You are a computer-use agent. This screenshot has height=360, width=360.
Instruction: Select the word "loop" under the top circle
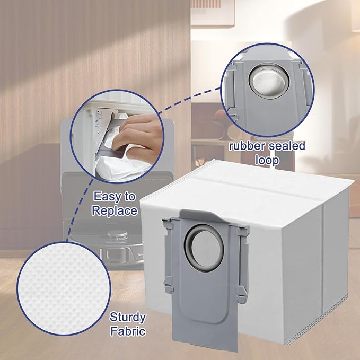click(x=267, y=161)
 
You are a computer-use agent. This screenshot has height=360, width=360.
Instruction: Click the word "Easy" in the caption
click(x=104, y=197)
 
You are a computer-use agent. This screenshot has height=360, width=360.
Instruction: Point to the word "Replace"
click(x=115, y=210)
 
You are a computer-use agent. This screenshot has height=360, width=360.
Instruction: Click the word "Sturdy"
click(x=128, y=318)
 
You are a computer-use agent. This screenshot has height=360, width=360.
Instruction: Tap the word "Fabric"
click(x=128, y=331)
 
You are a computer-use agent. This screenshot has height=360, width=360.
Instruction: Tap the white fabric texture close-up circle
click(x=64, y=288)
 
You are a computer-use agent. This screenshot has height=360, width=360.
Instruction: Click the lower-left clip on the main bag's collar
click(x=168, y=284)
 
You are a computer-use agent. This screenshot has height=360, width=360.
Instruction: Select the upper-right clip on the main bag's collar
click(x=243, y=231)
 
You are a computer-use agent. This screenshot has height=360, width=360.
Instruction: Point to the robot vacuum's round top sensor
click(x=117, y=234)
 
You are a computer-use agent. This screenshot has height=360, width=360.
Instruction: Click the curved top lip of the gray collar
click(x=199, y=214)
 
